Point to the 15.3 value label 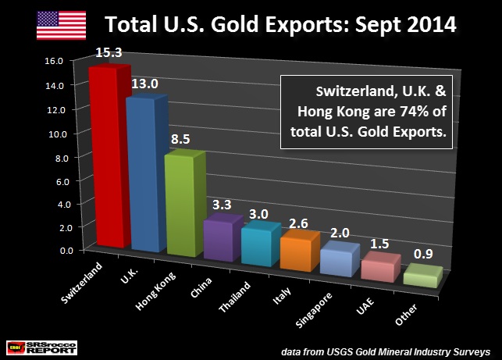click(109, 52)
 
